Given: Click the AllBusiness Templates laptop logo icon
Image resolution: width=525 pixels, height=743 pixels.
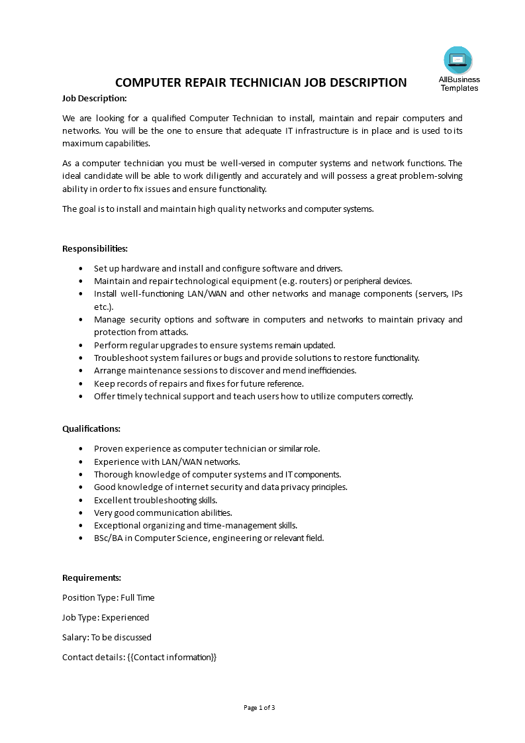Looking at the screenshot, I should click(x=458, y=60).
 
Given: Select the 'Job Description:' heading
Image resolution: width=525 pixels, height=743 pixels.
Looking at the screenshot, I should click(x=94, y=98).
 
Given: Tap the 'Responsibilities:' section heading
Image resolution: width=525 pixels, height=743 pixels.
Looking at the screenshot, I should click(x=95, y=248).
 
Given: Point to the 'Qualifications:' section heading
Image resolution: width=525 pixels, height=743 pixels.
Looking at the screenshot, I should click(x=91, y=428).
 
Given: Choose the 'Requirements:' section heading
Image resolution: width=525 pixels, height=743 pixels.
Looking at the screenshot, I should click(x=91, y=577).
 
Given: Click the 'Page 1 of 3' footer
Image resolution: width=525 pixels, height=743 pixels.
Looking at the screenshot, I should click(x=260, y=707).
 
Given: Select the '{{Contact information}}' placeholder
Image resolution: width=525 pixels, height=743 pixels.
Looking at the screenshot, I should click(x=172, y=657).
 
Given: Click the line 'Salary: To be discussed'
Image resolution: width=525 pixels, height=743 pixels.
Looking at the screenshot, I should click(x=107, y=637).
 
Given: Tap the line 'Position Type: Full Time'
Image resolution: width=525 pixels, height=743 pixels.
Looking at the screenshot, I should click(x=108, y=597).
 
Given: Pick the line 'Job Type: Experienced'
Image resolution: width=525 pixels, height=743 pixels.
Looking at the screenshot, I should click(x=105, y=617).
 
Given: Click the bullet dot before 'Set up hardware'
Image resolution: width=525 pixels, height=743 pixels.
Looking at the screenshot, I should click(x=81, y=268).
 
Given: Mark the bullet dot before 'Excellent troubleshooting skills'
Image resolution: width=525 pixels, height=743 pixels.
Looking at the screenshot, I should click(x=81, y=500).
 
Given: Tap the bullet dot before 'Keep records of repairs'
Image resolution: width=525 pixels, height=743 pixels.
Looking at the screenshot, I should click(x=81, y=383).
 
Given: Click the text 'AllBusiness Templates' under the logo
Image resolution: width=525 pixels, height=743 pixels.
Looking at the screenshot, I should click(x=459, y=83).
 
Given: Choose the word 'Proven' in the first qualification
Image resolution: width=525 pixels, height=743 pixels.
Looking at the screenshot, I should click(x=108, y=448).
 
